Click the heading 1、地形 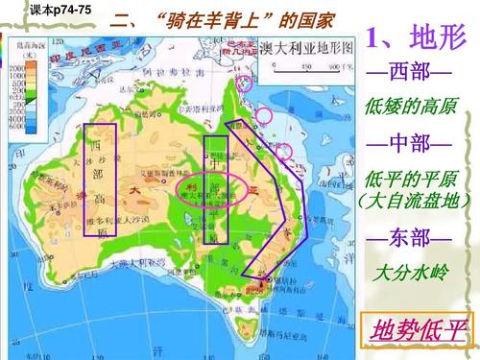click(x=415, y=37)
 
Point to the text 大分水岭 click(x=409, y=272)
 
